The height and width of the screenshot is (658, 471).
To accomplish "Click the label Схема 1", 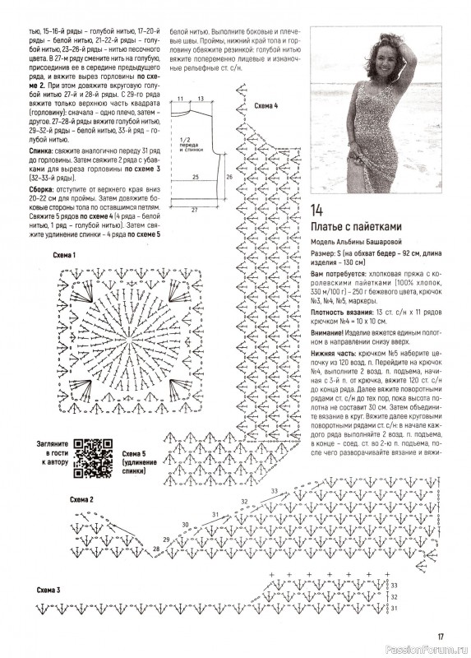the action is point(64,255).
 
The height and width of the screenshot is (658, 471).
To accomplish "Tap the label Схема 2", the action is point(81,500).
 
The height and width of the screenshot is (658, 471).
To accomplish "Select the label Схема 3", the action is point(48,591).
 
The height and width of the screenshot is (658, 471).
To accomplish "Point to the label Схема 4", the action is point(266,106).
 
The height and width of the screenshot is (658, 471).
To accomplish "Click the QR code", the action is point(93,458).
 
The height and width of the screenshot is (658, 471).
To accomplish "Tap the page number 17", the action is point(441,636).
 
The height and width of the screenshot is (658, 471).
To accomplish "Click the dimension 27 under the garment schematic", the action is point(194,211).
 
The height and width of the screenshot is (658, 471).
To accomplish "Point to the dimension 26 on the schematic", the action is point(229,177).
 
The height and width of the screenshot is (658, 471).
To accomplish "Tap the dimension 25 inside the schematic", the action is point(195,178).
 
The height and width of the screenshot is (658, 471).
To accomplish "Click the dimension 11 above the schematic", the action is point(181,99).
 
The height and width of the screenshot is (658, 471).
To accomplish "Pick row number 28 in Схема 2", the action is point(156,549).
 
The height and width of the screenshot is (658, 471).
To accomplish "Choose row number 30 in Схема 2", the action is point(186,525).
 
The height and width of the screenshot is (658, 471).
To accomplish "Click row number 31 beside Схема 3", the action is point(394,608).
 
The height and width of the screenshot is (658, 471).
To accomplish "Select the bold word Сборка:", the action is point(41,189).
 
